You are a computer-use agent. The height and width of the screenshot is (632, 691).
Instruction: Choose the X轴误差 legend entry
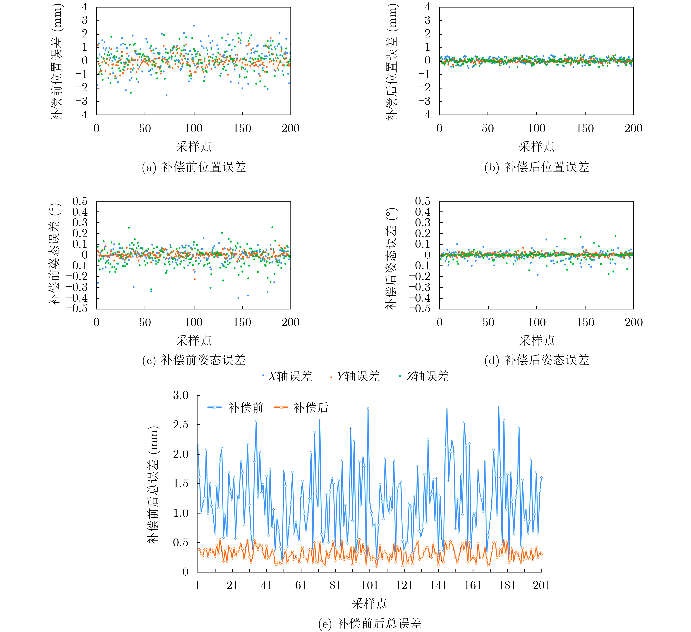pos(287,376)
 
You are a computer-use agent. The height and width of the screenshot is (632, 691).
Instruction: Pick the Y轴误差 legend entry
pos(355,376)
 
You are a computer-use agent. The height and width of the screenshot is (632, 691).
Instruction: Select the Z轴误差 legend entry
pos(424,376)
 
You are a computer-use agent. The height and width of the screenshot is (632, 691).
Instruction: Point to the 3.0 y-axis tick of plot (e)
pos(181,395)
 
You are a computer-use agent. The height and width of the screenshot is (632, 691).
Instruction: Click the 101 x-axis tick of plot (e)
pos(369,585)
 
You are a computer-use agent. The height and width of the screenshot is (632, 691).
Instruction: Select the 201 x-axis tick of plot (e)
pos(541,585)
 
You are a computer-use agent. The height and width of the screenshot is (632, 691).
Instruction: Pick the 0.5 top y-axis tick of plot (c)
pos(80,201)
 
